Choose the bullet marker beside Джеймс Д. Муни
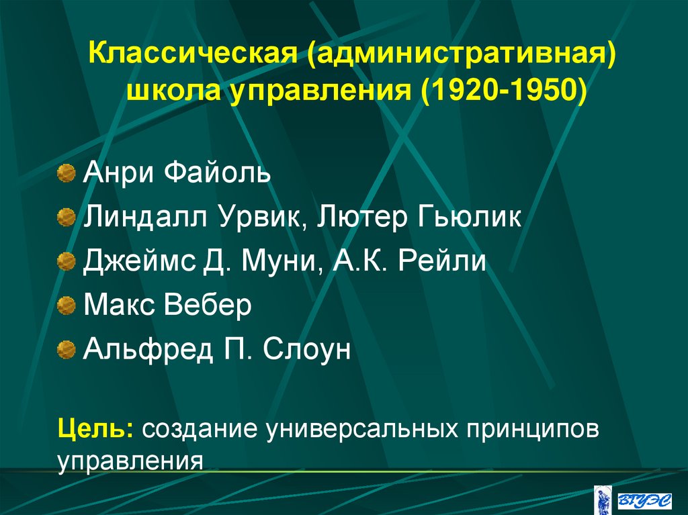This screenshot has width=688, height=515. [x=66, y=261]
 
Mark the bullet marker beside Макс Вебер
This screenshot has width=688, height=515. [x=66, y=306]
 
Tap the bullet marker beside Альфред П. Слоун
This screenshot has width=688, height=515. [x=66, y=349]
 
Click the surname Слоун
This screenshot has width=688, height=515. [x=307, y=349]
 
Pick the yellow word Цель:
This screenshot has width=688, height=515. [x=95, y=428]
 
